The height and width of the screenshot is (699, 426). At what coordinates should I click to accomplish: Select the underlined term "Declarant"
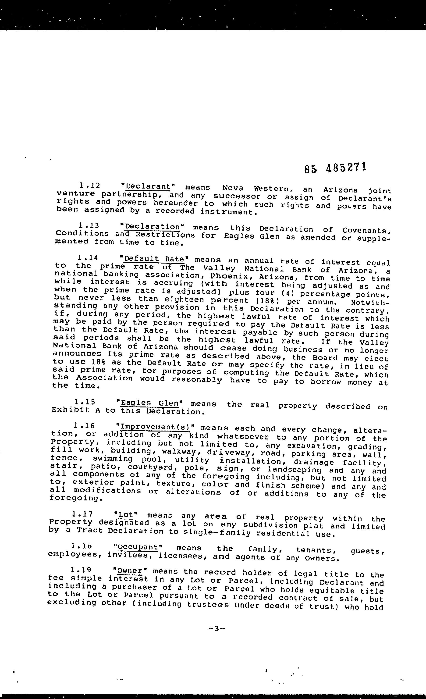[x=148, y=187]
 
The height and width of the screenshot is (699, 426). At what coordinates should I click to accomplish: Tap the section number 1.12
[x=90, y=186]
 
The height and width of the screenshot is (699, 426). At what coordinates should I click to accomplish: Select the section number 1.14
[x=88, y=258]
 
